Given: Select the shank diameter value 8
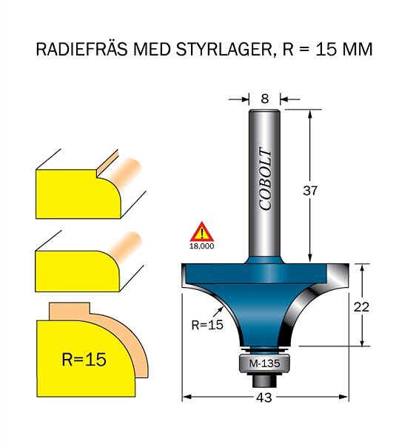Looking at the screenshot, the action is pos(265,99).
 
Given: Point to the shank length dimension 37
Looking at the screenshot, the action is pos(310,191).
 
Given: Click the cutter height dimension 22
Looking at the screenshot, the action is pos(361,307).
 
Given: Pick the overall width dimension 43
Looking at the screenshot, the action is pos(264,398).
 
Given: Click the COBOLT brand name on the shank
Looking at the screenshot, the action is pos(266,179).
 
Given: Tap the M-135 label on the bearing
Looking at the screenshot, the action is pos(264,363).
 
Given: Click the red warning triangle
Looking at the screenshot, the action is pos(201,232).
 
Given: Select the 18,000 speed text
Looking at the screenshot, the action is pos(201,246).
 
